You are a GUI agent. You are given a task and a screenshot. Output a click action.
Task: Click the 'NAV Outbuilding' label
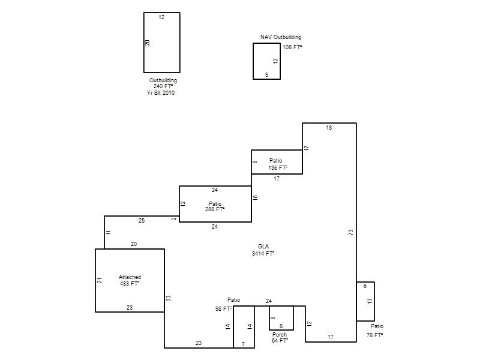coord(281,37)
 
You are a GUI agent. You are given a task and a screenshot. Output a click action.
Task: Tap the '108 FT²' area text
coord(292,47)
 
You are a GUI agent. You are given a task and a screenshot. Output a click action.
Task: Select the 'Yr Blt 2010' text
coord(161,93)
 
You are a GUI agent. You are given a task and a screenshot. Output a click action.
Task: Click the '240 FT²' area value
coord(163,86)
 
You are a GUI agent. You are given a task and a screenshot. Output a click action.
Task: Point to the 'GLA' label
coord(263,247)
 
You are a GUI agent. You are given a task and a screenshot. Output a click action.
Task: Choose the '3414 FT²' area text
coord(263,253)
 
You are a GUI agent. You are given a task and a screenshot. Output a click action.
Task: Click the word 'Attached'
coord(130,277)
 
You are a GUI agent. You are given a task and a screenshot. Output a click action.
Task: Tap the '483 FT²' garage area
coord(130,284)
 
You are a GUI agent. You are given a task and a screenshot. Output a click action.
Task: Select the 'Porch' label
coord(280,335)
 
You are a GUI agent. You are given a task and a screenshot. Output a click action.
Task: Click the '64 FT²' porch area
coord(280,341)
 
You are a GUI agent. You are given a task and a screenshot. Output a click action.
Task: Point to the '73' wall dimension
coord(351,232)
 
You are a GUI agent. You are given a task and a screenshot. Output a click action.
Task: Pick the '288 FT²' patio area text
coord(215,209)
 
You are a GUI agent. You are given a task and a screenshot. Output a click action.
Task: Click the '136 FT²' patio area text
coord(278,168)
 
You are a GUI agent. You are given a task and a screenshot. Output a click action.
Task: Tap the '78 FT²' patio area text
coord(374,335)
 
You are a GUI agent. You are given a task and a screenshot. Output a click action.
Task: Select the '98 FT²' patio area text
coord(223,309)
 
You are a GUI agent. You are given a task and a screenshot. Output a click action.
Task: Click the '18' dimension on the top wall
coord(329,128)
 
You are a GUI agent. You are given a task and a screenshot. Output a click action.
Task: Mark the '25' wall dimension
coord(142,220)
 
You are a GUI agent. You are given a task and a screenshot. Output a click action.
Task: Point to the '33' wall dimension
coord(169,298)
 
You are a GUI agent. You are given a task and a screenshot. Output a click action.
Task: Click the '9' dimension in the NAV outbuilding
coord(266,74)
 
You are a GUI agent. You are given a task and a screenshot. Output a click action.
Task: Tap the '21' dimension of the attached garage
coord(100,280)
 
